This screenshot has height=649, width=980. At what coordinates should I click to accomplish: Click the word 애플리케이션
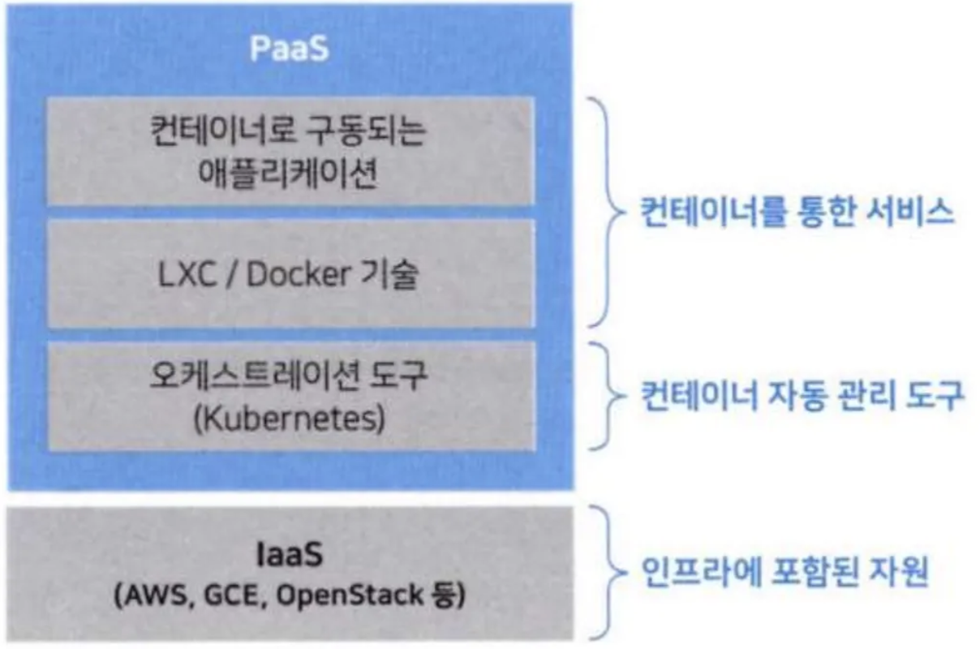click(289, 173)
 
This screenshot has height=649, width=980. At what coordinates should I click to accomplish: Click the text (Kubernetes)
click(289, 420)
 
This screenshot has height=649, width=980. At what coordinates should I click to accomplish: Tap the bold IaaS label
click(288, 557)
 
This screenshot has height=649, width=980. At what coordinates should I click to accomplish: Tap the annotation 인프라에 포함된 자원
click(784, 573)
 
